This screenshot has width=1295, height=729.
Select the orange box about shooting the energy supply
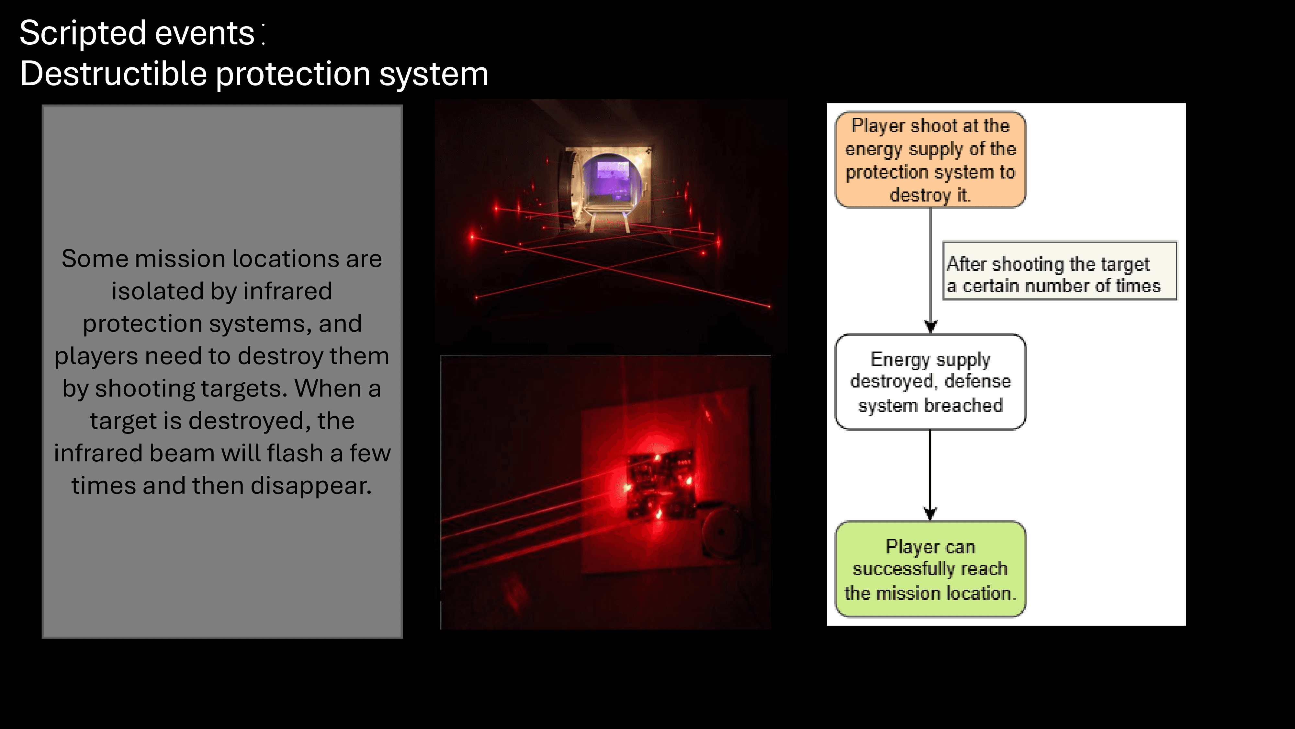coord(930,159)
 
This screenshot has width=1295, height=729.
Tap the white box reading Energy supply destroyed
coord(930,382)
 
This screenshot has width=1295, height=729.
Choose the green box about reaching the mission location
coord(930,569)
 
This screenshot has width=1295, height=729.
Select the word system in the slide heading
coord(434,74)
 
